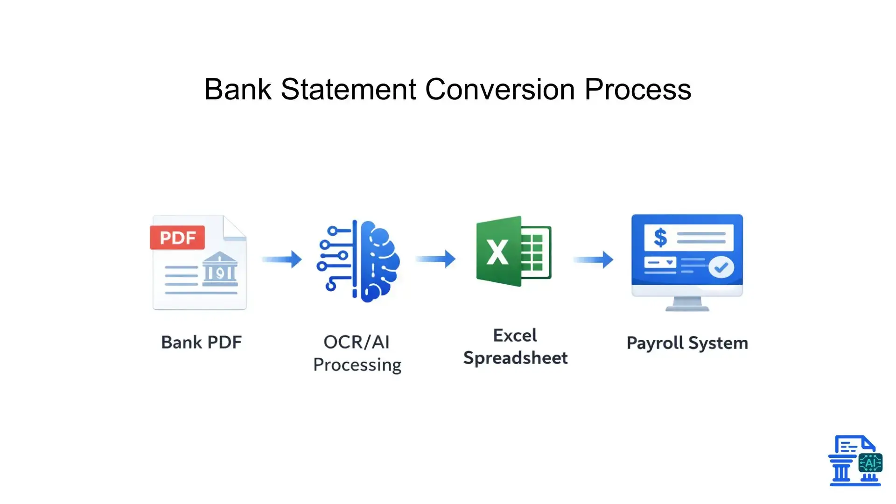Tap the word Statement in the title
348,89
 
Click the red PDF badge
177,238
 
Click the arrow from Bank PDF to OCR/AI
282,259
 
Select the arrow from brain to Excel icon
435,259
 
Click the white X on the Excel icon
497,252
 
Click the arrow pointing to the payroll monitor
593,259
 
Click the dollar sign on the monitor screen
660,238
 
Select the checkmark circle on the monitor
721,267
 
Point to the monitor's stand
687,304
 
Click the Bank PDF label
201,342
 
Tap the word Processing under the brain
357,365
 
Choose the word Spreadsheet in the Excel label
515,358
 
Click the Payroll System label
687,343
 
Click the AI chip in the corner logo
870,463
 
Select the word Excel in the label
515,336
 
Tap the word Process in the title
637,89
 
